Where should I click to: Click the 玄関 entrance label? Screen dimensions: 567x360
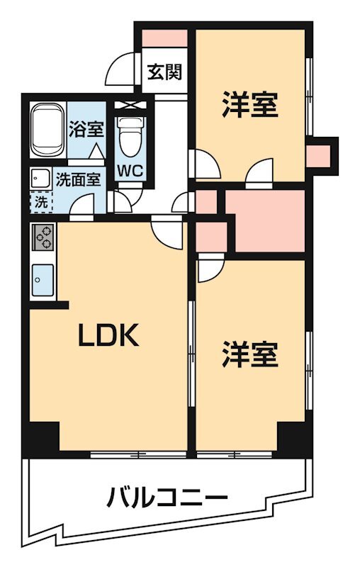coord(164,72)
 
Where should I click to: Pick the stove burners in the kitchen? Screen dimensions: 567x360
coord(43,237)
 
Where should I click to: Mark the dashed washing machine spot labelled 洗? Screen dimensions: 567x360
coord(40,201)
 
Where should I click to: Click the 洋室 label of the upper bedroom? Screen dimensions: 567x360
coord(249,106)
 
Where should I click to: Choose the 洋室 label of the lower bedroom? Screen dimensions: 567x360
coord(249,354)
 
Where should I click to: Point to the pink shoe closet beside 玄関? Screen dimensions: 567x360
coord(164,38)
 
